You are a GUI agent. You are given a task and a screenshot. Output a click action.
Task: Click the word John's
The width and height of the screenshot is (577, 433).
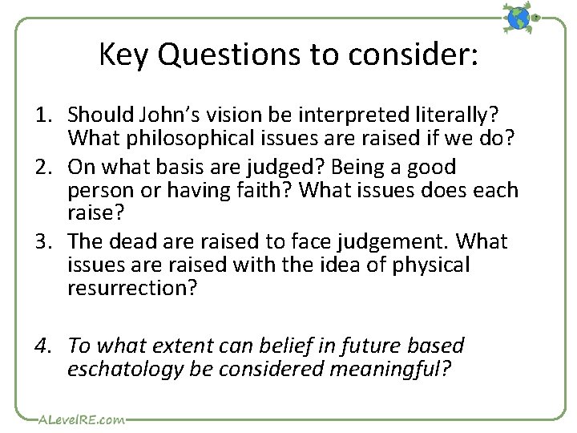click(174, 117)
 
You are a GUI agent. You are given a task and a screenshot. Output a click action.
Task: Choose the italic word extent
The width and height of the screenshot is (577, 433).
click(188, 346)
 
